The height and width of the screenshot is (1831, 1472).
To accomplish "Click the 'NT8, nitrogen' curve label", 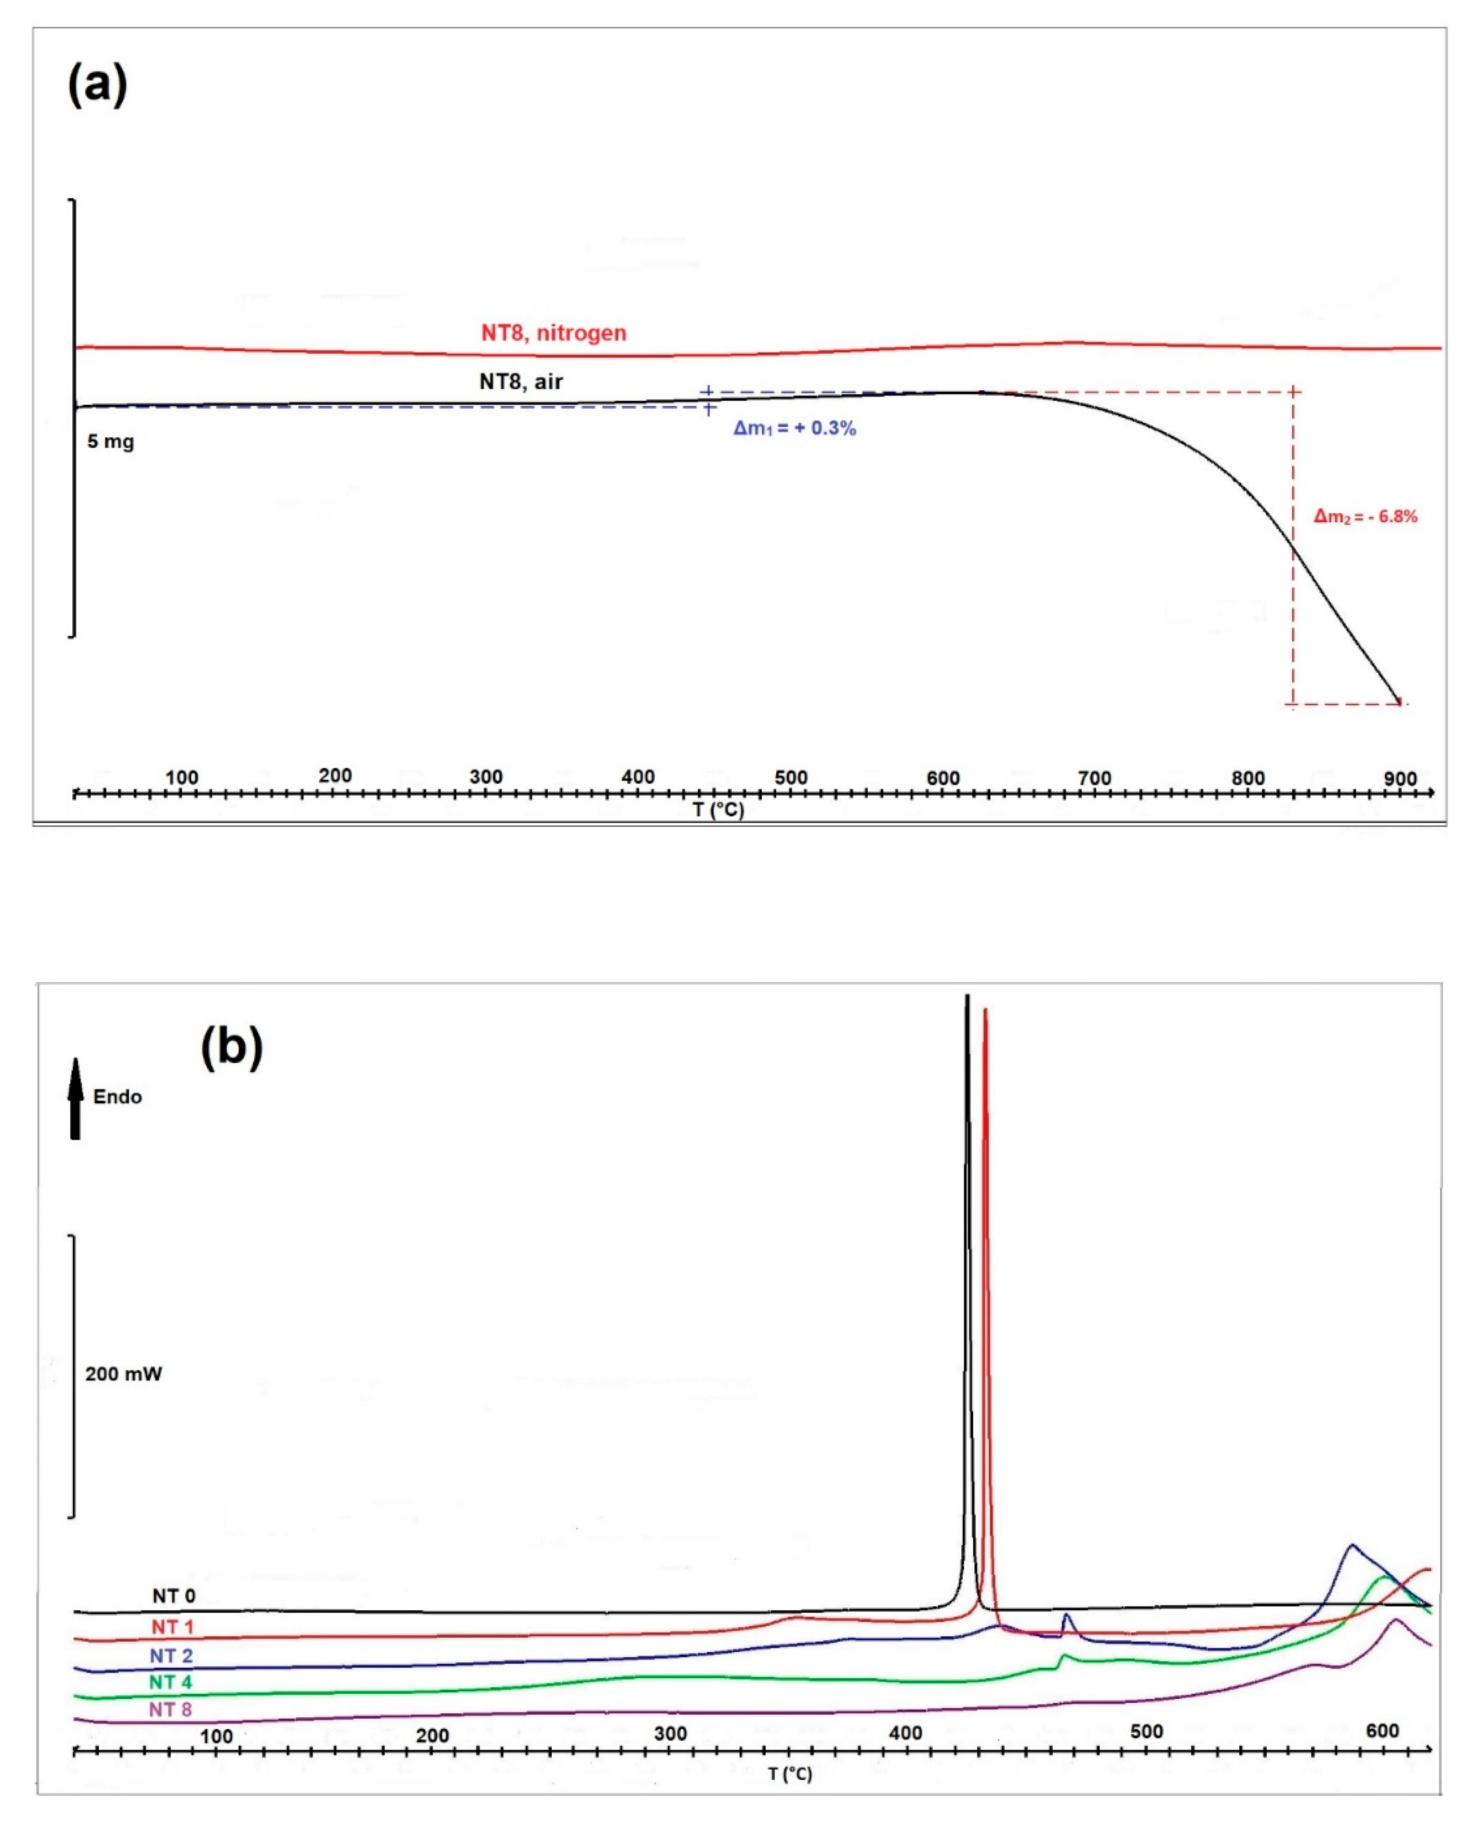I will click(553, 333).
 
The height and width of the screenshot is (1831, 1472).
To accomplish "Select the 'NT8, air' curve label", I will click(521, 381).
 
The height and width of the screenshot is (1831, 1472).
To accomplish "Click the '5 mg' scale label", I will click(110, 442).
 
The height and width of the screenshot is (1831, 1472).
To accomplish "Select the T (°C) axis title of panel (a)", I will click(718, 809).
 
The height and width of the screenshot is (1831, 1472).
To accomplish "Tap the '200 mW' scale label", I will click(123, 1374).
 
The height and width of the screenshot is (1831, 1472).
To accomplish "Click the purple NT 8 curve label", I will click(170, 1710).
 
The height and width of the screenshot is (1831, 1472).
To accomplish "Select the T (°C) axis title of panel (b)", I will click(789, 1774).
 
